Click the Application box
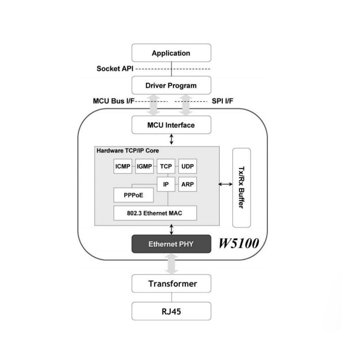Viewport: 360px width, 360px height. click(x=171, y=53)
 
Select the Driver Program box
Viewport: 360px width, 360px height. click(x=171, y=85)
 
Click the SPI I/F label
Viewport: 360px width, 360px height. click(x=222, y=102)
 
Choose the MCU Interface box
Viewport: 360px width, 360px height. click(x=171, y=125)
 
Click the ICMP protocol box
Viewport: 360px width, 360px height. click(x=123, y=166)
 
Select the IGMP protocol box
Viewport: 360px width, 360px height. click(x=144, y=166)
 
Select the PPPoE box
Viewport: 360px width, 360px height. click(x=133, y=196)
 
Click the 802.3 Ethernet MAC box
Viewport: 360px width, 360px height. click(x=155, y=213)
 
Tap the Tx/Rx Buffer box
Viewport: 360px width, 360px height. click(x=242, y=187)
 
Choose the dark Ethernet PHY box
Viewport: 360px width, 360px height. click(x=171, y=244)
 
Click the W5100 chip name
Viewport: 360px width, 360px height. click(x=238, y=244)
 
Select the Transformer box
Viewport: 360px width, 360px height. click(x=171, y=284)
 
